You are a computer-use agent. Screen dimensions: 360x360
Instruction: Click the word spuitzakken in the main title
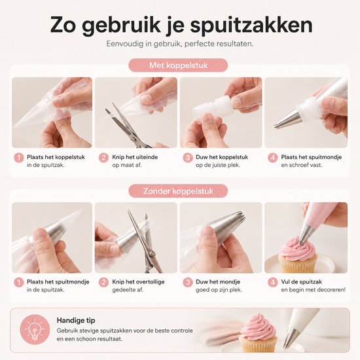point(251,25)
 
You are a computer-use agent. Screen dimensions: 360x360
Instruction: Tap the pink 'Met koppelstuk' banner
point(178,65)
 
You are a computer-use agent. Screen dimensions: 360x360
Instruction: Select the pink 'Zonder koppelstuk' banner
point(178,191)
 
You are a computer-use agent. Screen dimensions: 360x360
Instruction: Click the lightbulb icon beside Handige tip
point(35,329)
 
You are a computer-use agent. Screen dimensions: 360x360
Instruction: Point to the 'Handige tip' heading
point(76,320)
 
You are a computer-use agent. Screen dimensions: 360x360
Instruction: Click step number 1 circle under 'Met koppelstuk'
point(19,158)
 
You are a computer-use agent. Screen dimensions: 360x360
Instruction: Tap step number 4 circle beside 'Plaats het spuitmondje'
point(272,158)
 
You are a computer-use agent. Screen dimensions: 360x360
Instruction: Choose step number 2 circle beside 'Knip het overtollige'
point(103,282)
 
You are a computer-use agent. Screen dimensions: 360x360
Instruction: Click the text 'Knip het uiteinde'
point(135,157)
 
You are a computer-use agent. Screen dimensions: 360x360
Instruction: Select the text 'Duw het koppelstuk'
point(222,157)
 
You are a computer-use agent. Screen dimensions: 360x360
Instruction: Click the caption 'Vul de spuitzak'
point(302,281)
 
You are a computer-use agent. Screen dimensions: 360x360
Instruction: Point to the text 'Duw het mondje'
point(218,281)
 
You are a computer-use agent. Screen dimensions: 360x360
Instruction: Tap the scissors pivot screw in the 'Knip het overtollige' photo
point(151,254)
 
